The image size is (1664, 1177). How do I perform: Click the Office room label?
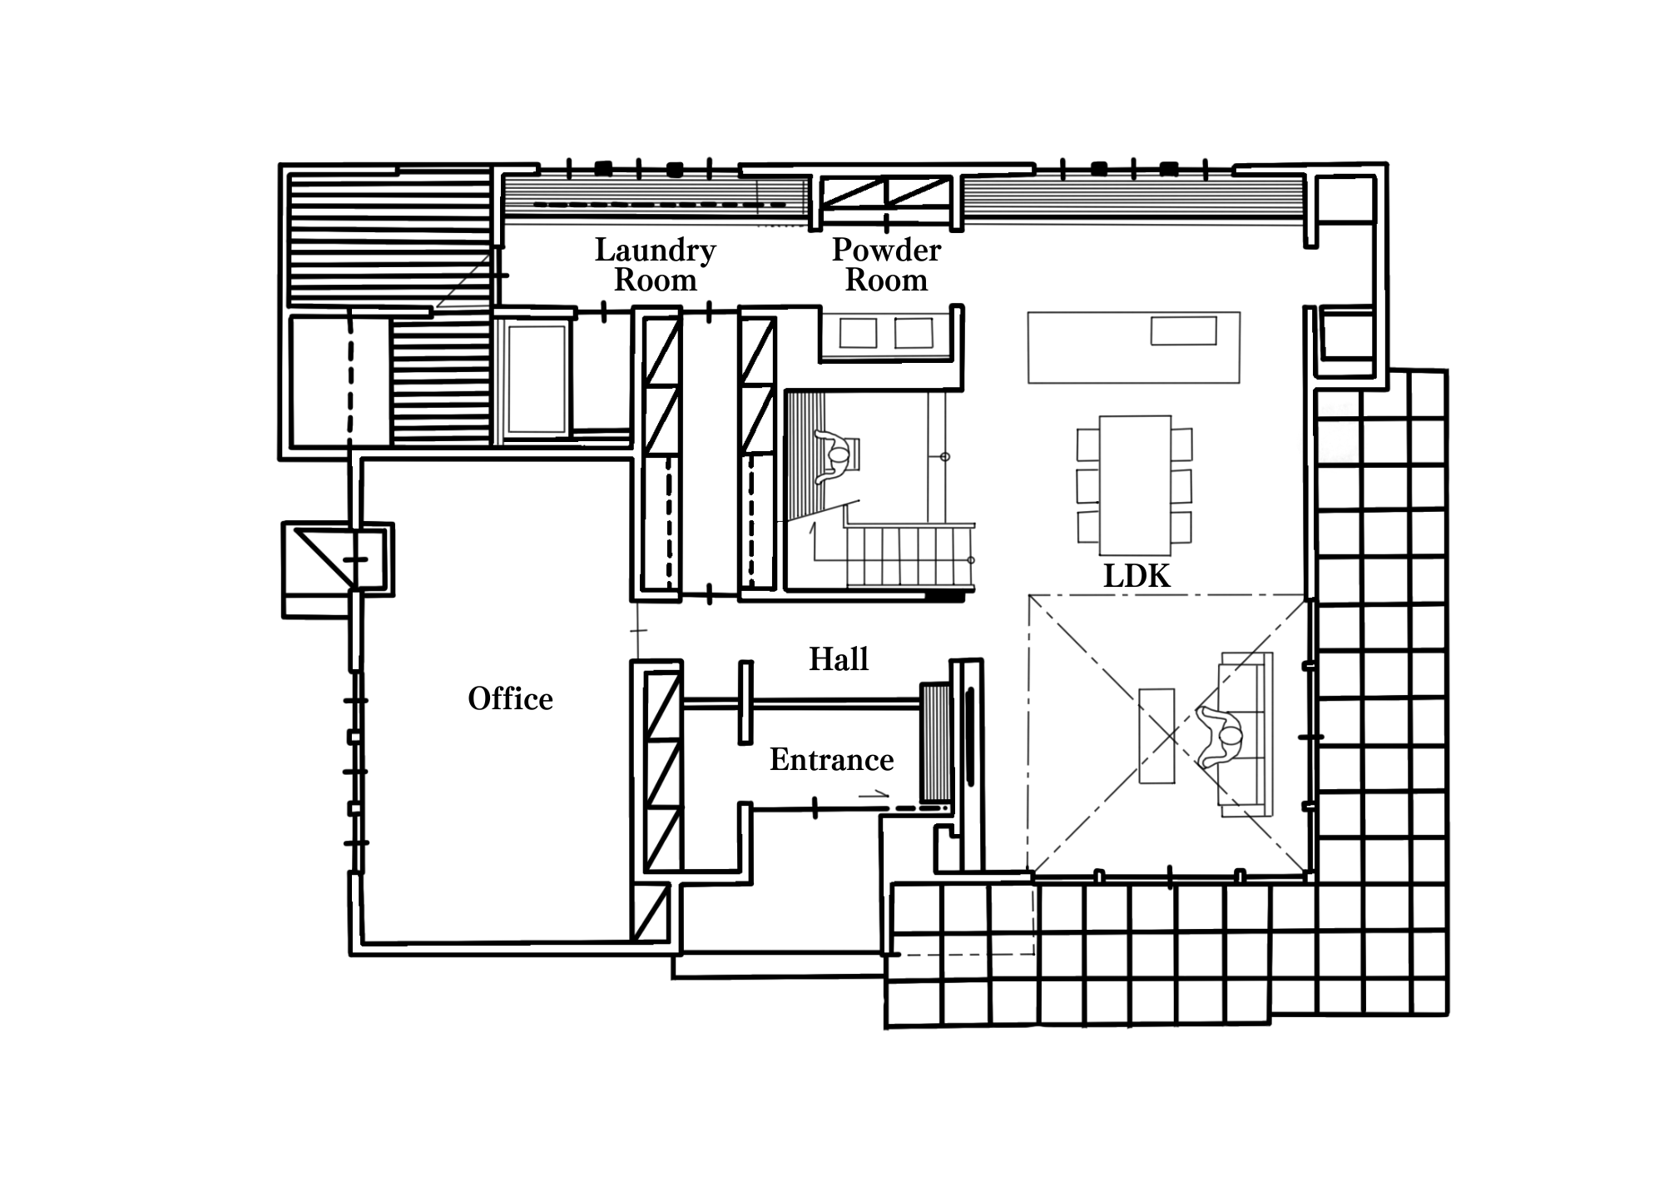510,699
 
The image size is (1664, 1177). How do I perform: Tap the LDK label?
1137,576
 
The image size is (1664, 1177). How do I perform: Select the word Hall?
839,659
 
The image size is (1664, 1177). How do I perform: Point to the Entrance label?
831,760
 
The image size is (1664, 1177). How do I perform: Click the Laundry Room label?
656,265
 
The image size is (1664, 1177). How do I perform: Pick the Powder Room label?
886,265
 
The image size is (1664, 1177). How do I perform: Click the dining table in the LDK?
1135,485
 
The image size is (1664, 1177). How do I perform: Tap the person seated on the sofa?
1220,737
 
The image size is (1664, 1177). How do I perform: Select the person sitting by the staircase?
835,457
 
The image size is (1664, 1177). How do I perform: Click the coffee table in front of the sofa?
1156,736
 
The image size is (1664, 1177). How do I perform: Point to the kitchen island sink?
1183,330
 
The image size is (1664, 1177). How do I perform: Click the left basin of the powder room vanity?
859,333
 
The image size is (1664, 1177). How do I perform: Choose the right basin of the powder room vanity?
914,333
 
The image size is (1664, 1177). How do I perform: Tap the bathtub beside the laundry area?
537,380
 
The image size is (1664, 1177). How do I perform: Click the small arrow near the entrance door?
874,795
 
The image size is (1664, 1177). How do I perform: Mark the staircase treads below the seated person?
910,555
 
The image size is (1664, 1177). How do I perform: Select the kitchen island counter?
1134,348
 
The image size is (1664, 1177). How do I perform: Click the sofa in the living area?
1246,735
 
